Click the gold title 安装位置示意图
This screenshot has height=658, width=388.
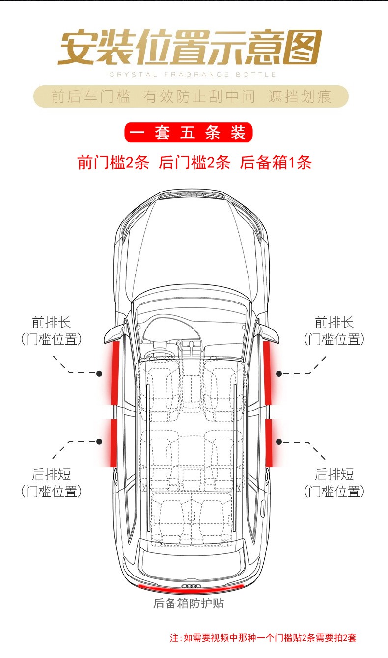point(190,48)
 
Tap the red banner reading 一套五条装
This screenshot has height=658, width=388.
point(189,133)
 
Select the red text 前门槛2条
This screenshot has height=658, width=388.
point(113,163)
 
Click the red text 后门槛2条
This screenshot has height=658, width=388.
point(194,163)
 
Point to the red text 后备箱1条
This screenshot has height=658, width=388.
point(276,163)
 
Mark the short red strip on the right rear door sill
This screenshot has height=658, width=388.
point(269,442)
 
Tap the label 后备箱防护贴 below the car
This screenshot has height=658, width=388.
point(189,603)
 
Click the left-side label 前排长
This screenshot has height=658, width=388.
point(52,323)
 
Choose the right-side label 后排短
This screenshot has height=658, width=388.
point(334,474)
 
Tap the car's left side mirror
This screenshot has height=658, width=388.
point(112,334)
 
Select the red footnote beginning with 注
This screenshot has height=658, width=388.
point(263,638)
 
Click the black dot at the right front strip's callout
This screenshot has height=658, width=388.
point(279,373)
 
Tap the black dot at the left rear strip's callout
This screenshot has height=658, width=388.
point(99,442)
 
